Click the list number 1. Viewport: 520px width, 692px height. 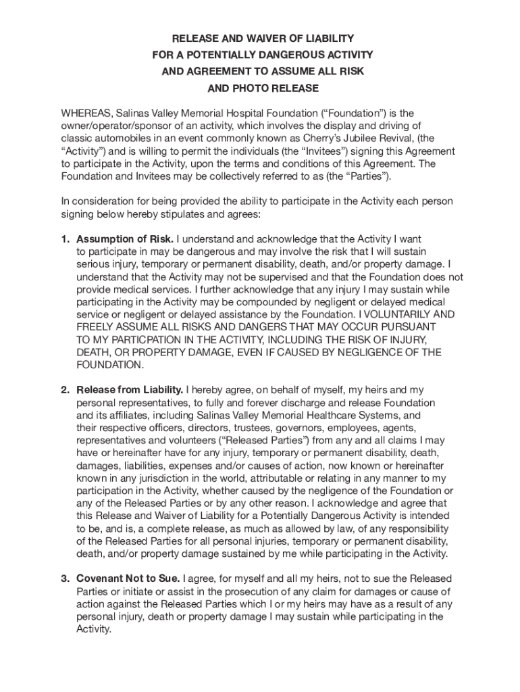pyautogui.click(x=65, y=239)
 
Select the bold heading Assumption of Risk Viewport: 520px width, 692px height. pyautogui.click(x=125, y=239)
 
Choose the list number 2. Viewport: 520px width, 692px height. pyautogui.click(x=65, y=390)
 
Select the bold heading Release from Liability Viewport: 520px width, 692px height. pyautogui.click(x=130, y=390)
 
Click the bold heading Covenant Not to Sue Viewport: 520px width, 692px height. pyautogui.click(x=128, y=578)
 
